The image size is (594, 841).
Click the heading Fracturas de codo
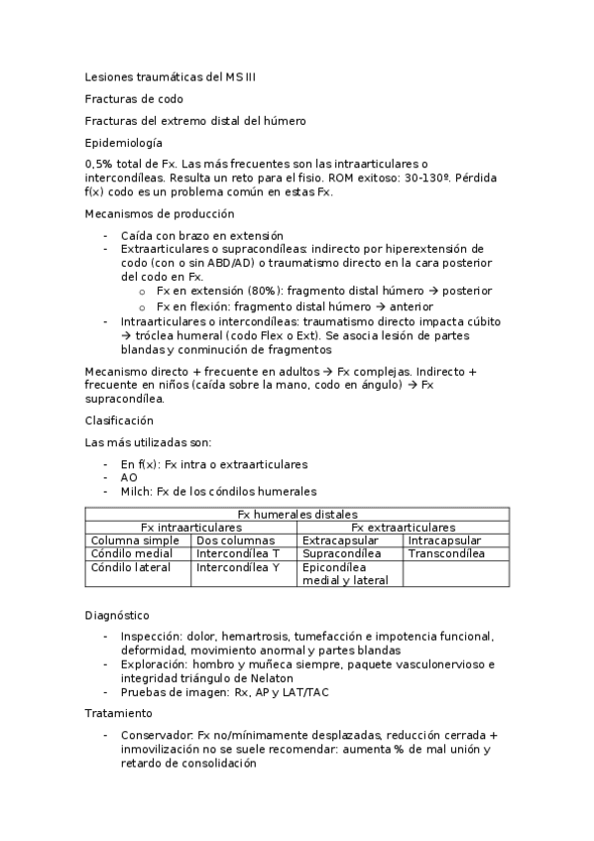coord(134,98)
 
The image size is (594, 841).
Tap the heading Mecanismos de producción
coord(160,213)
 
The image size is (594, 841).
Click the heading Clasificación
coord(119,420)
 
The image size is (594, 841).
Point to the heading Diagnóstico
coord(117,615)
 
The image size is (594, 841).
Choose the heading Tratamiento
coord(119,713)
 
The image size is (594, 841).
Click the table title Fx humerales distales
coord(297,514)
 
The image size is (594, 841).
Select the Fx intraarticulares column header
coord(191,527)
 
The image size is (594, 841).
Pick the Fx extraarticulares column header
coord(404,527)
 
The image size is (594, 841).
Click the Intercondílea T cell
coord(238,553)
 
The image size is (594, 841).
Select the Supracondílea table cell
coord(342,553)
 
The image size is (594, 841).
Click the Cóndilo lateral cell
coord(131,567)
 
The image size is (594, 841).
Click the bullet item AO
coord(129,477)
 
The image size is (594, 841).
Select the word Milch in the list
coord(135,491)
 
